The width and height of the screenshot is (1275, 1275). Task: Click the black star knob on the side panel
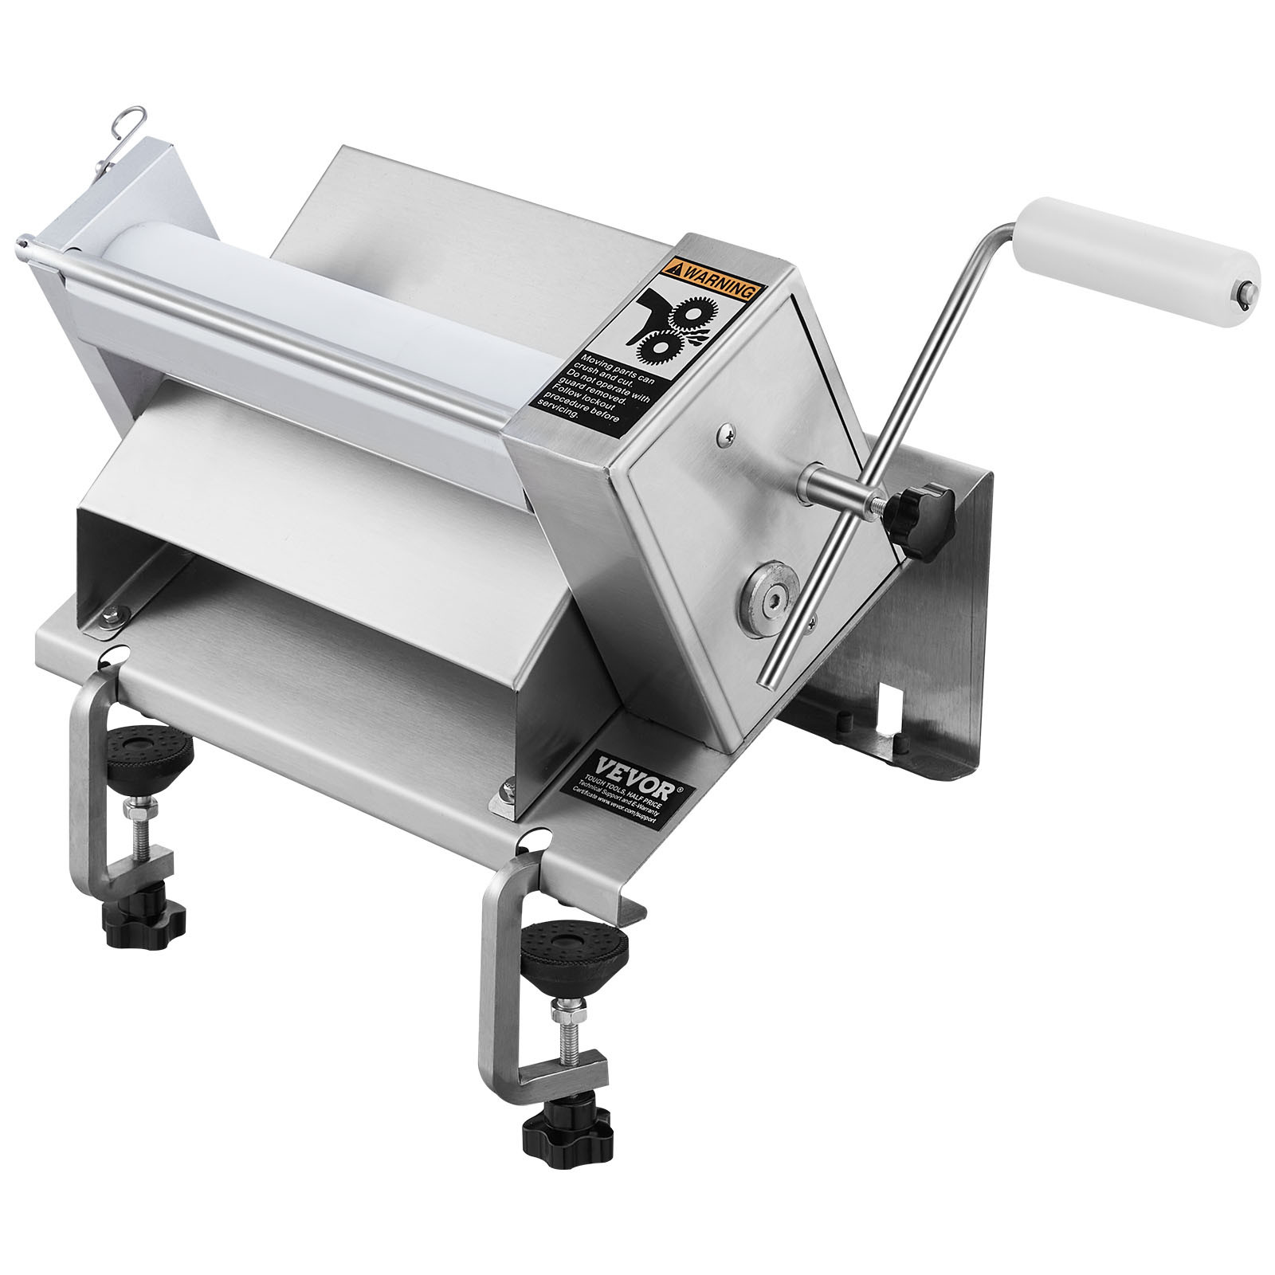(920, 514)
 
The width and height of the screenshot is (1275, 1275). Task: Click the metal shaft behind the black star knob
(837, 487)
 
